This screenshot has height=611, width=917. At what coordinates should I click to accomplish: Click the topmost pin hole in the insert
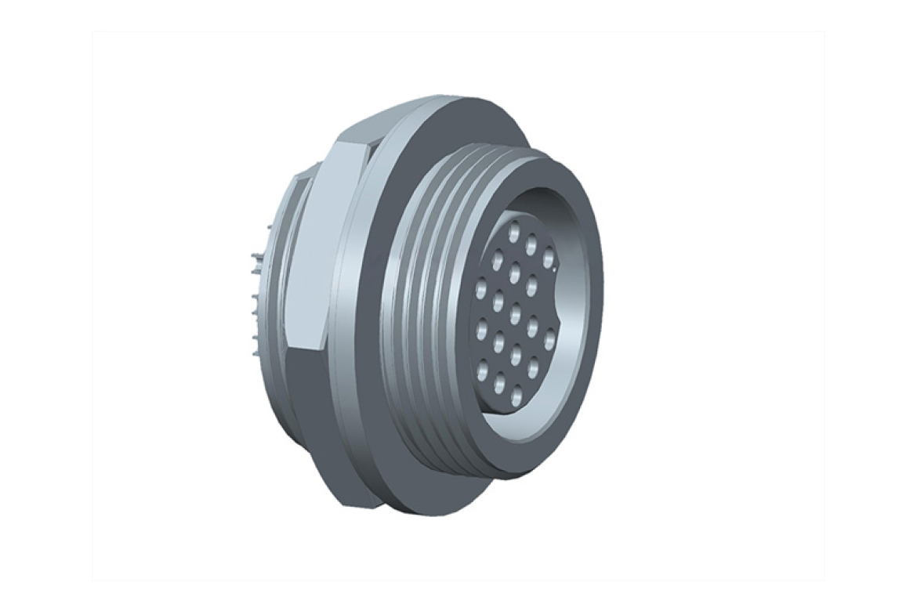click(515, 232)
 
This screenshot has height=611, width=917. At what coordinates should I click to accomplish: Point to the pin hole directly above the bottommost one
click(516, 356)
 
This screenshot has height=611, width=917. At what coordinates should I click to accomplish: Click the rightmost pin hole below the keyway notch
click(550, 341)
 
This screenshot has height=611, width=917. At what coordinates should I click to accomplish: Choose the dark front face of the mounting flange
click(368, 313)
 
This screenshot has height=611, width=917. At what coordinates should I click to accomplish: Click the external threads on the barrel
click(415, 313)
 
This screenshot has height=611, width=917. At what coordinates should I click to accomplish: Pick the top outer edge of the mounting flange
click(439, 102)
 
